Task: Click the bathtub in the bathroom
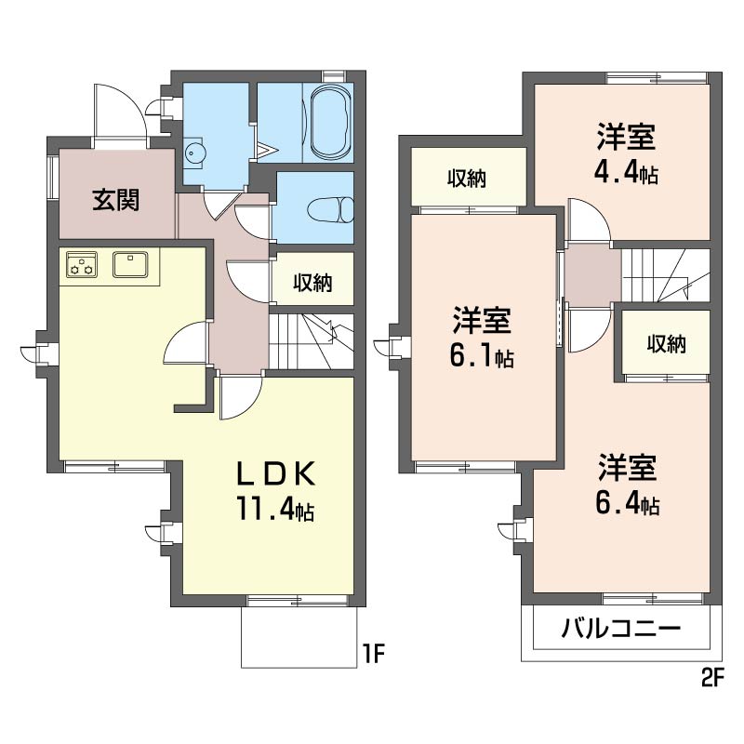click(332, 122)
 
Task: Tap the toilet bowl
click(331, 209)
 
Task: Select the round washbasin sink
click(193, 153)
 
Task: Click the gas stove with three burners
click(81, 264)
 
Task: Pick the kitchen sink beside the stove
click(130, 264)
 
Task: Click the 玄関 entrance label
click(115, 200)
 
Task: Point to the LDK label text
click(275, 473)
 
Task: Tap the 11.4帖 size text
click(274, 509)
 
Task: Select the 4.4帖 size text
click(626, 174)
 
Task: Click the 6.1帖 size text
click(481, 357)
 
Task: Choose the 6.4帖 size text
click(627, 504)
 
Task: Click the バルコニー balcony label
click(621, 630)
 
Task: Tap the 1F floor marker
click(373, 654)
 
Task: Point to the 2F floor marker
click(711, 678)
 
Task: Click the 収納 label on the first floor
click(312, 283)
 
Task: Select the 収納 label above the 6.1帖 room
click(467, 179)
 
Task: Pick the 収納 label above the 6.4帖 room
click(666, 344)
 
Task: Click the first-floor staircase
click(312, 340)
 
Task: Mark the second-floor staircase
click(666, 275)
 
